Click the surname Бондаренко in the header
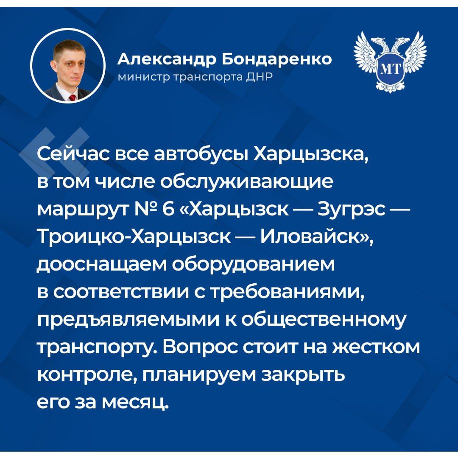276,60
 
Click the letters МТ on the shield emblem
390,69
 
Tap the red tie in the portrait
72,98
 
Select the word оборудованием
253,264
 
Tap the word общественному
324,320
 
